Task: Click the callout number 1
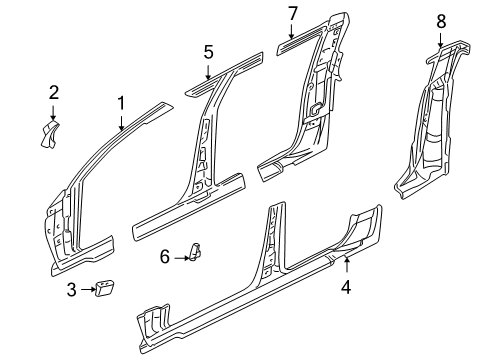121,102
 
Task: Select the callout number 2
54,93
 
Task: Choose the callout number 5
208,51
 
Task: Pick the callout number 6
165,258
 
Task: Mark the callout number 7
292,13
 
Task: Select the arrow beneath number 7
292,32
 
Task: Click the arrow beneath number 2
54,112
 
